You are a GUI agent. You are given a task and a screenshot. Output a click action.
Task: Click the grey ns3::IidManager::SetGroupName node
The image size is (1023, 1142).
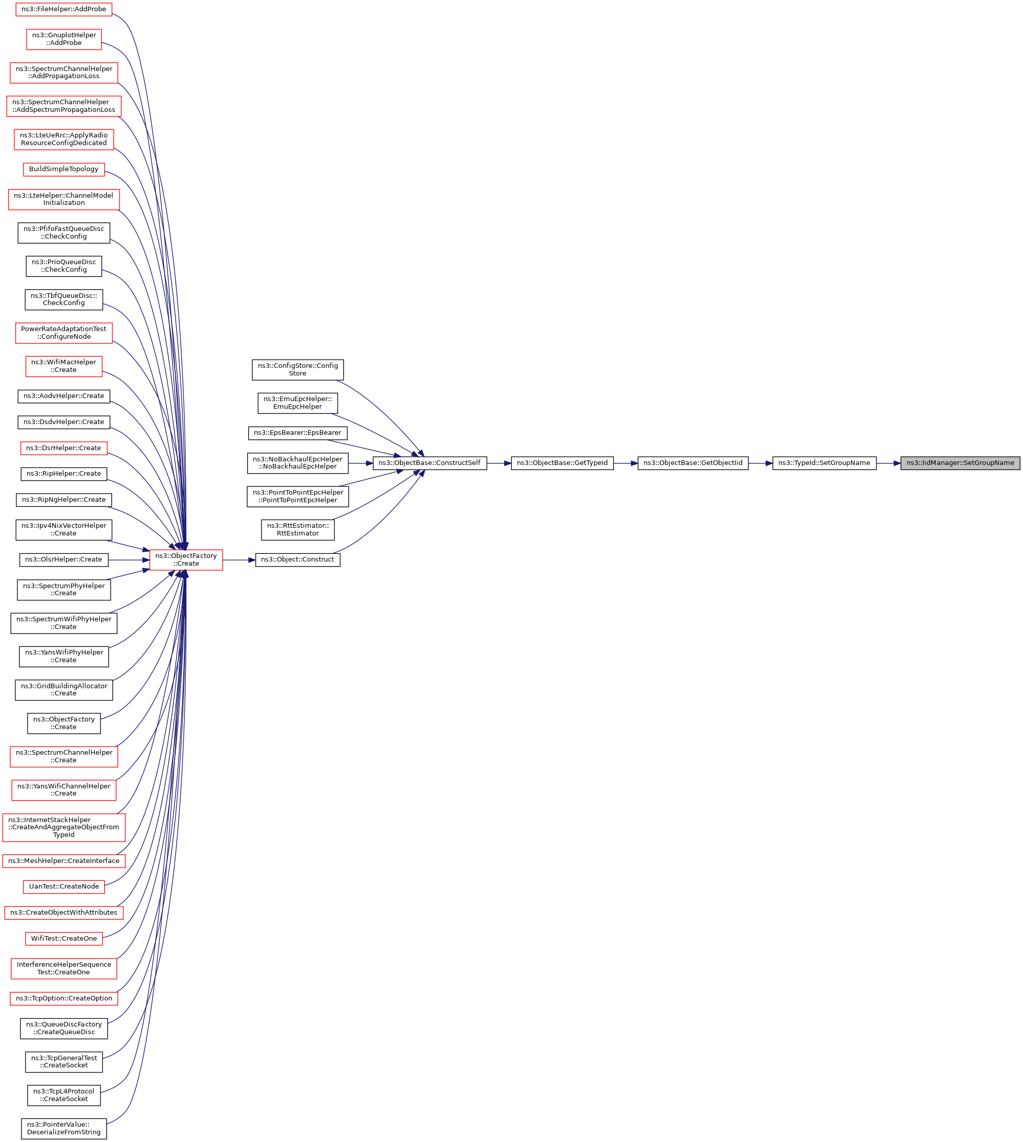click(960, 463)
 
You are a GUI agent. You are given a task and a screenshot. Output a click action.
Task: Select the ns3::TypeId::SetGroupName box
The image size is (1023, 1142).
click(823, 463)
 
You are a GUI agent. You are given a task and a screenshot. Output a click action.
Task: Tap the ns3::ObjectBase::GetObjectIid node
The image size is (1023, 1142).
click(693, 463)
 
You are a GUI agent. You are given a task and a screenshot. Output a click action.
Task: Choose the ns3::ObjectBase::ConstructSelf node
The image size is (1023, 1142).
click(430, 463)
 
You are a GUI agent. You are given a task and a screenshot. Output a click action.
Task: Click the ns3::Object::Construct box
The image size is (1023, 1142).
click(297, 560)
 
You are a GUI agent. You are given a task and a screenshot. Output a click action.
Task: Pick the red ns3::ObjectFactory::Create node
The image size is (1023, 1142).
click(185, 560)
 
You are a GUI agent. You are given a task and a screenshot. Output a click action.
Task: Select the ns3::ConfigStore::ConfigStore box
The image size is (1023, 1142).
click(297, 369)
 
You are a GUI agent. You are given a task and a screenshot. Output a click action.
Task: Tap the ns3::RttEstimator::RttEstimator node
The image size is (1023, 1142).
click(297, 529)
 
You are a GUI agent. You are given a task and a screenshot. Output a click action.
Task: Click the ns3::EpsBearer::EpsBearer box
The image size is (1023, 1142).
click(297, 433)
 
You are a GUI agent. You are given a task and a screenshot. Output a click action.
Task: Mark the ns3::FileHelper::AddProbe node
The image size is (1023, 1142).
click(63, 9)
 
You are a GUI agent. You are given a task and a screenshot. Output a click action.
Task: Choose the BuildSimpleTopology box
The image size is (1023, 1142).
click(63, 169)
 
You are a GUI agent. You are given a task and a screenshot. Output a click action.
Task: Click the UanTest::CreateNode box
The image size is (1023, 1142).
click(63, 886)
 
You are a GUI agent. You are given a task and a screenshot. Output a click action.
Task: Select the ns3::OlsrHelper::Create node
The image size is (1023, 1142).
click(63, 560)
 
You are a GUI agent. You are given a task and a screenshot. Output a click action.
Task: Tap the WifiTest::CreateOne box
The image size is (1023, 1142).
click(63, 938)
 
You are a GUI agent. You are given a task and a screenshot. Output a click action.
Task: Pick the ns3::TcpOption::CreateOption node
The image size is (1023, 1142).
click(63, 998)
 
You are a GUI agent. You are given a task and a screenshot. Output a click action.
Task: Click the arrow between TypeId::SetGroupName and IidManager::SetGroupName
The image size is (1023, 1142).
click(888, 463)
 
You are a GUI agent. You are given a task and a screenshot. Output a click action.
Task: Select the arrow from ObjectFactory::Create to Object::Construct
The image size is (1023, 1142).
click(239, 560)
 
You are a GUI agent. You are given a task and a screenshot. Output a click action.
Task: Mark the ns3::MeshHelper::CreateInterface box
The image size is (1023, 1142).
click(63, 860)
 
